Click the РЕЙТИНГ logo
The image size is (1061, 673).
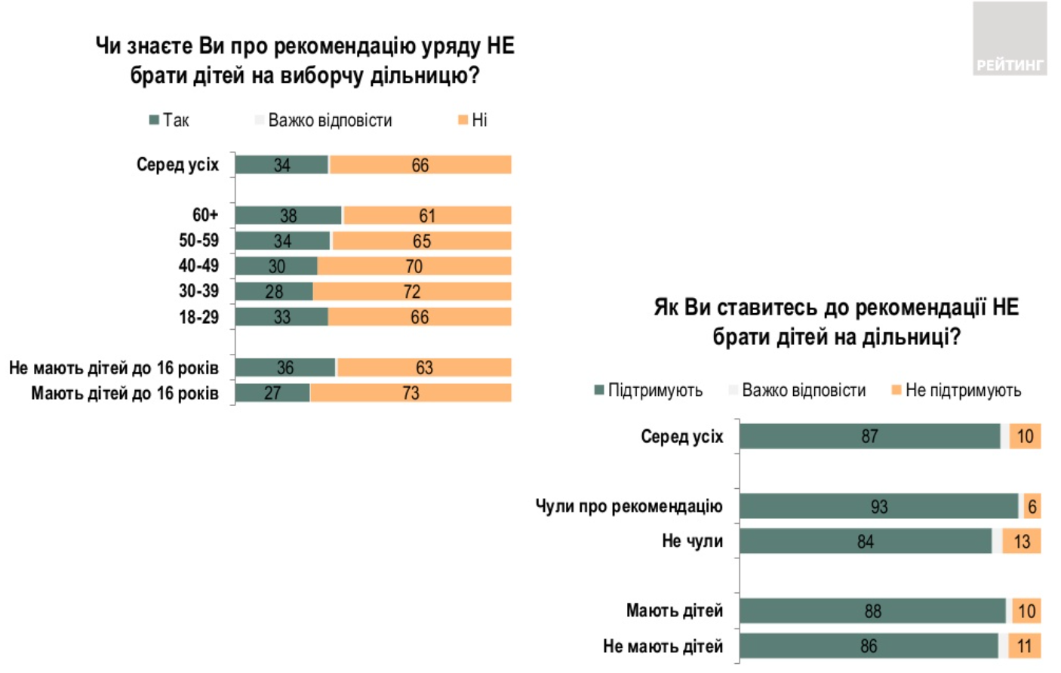[1009, 39]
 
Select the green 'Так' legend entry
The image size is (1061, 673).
[169, 120]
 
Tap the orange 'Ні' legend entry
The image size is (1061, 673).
[473, 120]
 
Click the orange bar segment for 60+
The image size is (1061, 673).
[427, 216]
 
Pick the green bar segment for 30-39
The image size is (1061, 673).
[274, 291]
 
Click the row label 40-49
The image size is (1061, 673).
[198, 266]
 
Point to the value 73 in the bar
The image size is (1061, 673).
[411, 393]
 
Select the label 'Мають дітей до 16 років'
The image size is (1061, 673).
[125, 393]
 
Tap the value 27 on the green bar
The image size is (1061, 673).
[272, 393]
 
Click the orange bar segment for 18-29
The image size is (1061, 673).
[420, 317]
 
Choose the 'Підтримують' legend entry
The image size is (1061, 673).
[649, 390]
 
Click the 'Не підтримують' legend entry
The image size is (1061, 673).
[957, 390]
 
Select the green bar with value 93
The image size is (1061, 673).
[878, 506]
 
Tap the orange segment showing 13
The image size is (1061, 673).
[1022, 542]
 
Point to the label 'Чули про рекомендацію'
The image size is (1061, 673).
[629, 506]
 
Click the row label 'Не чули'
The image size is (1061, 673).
[692, 541]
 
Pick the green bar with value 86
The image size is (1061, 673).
[869, 646]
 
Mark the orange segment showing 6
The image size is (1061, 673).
[1032, 506]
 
